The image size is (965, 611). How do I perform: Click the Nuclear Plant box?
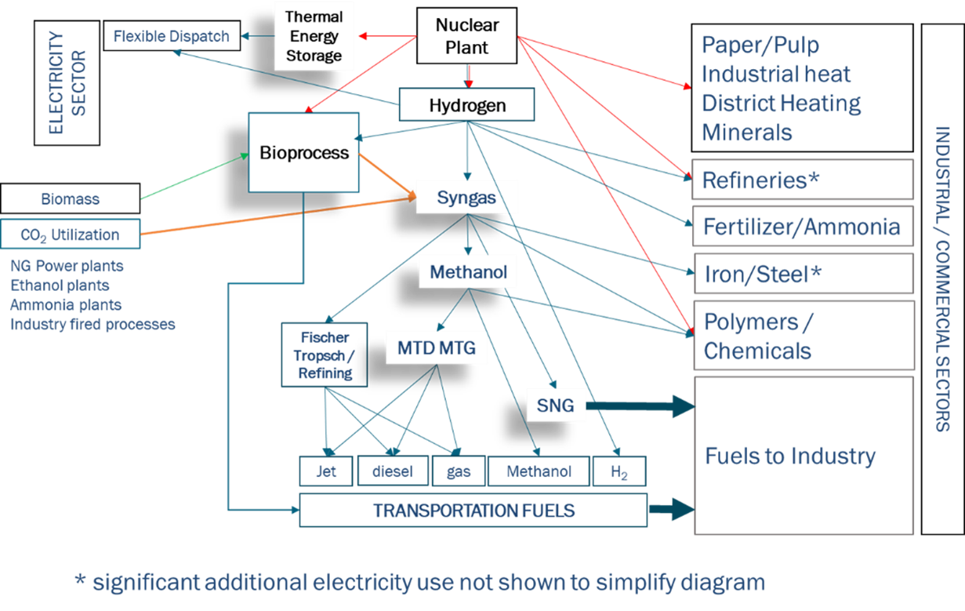[466, 36]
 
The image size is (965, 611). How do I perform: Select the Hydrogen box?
[466, 104]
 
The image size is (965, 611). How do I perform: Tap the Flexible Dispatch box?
[172, 36]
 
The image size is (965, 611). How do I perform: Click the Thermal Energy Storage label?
[314, 36]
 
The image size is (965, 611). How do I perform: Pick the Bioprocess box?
[303, 152]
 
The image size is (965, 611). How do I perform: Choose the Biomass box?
[71, 198]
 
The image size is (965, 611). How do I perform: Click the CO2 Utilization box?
[71, 234]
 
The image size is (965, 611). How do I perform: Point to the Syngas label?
[466, 198]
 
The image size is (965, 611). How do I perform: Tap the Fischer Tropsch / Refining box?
[325, 355]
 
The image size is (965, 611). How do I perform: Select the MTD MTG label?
[437, 347]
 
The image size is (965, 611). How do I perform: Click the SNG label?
[555, 406]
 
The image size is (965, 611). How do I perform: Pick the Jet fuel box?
[326, 471]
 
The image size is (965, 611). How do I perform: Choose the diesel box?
[393, 471]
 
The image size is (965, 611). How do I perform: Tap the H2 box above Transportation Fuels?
[619, 471]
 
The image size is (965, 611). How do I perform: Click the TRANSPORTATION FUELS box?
[473, 510]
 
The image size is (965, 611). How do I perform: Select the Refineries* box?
[803, 180]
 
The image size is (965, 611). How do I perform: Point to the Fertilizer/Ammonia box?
[803, 226]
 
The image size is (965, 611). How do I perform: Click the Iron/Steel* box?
[804, 274]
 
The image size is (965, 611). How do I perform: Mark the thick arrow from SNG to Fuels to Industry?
[640, 406]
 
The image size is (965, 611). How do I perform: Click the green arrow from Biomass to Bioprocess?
[194, 176]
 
